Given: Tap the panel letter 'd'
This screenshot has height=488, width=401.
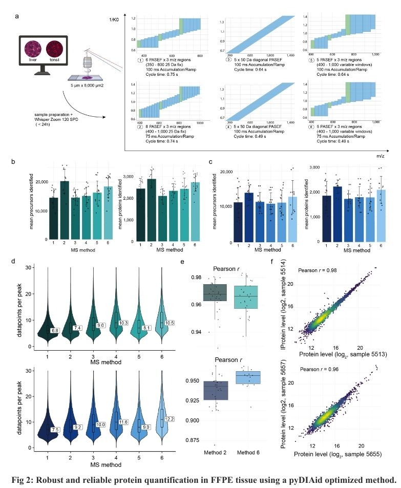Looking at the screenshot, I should click(19, 262).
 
